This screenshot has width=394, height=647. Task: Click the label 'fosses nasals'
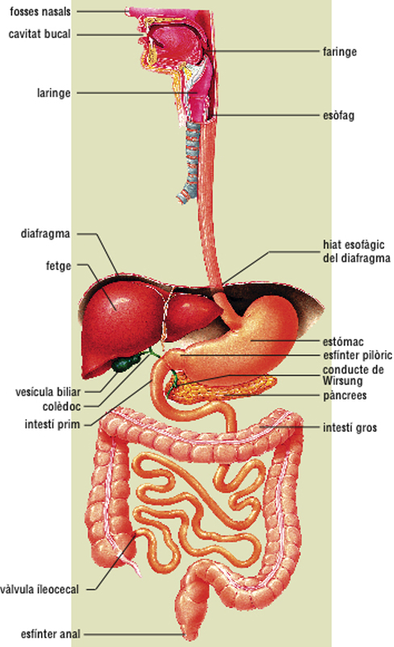[x=40, y=11]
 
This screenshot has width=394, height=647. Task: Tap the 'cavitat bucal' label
[x=40, y=34]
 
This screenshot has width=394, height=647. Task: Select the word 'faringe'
[x=340, y=52]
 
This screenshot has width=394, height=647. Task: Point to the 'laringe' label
[x=53, y=93]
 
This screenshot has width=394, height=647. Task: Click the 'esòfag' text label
[x=338, y=116]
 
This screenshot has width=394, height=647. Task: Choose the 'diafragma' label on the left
[x=45, y=234]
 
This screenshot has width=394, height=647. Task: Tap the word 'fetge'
[x=58, y=266]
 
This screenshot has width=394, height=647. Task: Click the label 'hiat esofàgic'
[x=354, y=245]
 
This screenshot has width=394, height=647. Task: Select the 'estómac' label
[x=343, y=341]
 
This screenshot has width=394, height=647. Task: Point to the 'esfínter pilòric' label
[x=358, y=355]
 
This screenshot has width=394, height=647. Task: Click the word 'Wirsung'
[x=342, y=381]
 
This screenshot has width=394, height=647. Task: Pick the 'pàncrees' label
[x=345, y=395]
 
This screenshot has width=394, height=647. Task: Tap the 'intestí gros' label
[x=350, y=428]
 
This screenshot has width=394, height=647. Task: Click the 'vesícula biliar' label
[x=48, y=391]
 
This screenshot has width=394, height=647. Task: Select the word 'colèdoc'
[x=61, y=407]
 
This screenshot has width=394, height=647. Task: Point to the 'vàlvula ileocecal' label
[x=40, y=590]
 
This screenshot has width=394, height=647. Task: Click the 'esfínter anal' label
[x=51, y=634]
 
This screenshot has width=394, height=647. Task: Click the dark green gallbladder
[x=126, y=363]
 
